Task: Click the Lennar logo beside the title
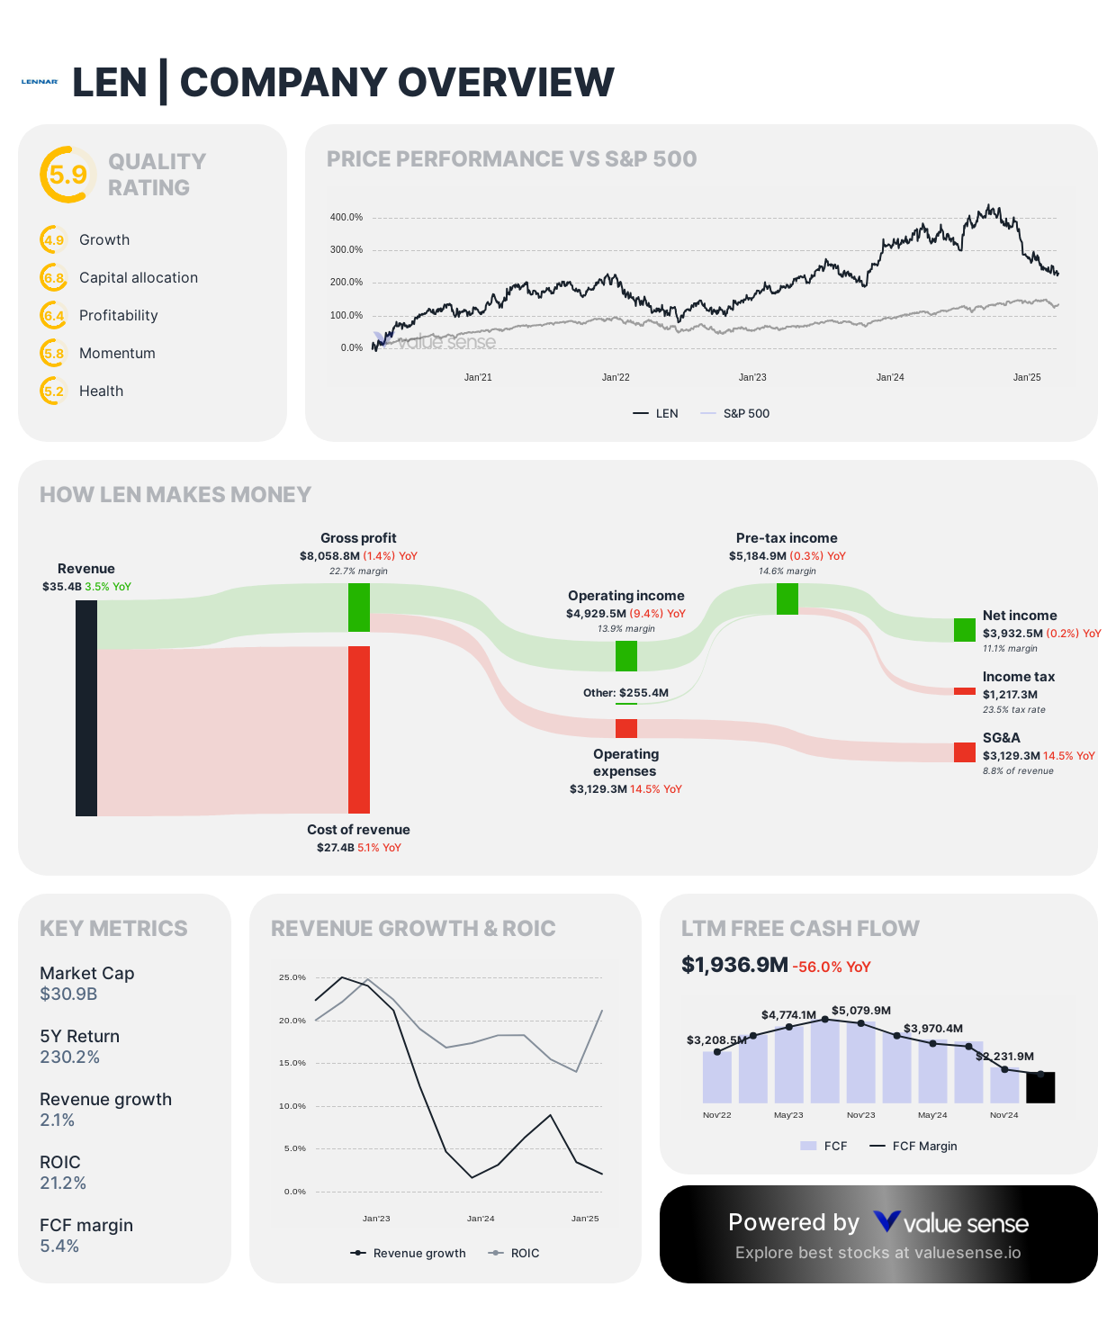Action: [40, 82]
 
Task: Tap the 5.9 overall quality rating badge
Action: [67, 175]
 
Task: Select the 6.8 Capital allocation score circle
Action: [54, 278]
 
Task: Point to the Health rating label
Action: [101, 391]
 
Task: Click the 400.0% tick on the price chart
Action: [346, 218]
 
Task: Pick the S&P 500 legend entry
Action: [745, 414]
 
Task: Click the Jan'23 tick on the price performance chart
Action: [752, 378]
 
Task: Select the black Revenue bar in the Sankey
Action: [86, 708]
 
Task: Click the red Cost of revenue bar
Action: [359, 729]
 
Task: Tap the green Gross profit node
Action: [359, 607]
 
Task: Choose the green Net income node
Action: [965, 630]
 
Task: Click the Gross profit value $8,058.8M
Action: [329, 556]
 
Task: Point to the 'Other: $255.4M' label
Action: [625, 693]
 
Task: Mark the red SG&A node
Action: [965, 752]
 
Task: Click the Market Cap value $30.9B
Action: [68, 994]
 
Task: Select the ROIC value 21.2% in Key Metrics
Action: [63, 1183]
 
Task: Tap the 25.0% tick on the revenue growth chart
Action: [292, 977]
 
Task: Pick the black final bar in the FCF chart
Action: [1040, 1087]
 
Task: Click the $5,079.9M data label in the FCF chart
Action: [860, 1011]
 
